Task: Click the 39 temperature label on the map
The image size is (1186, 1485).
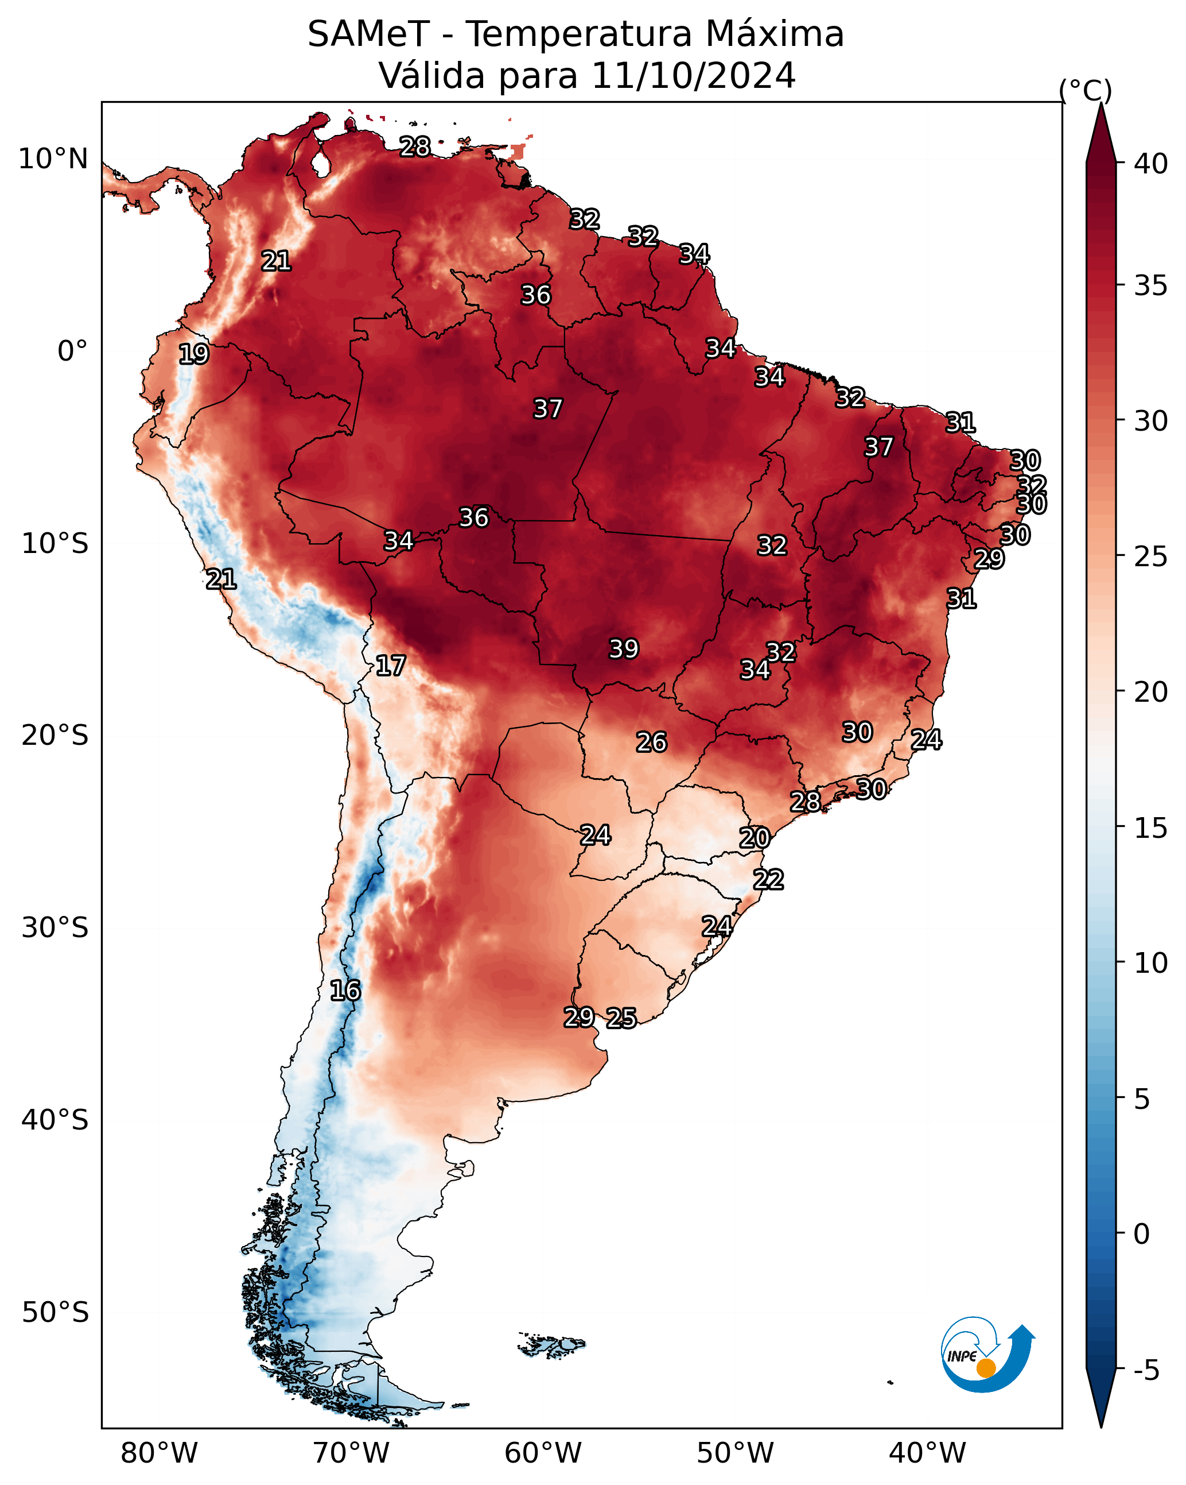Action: [624, 649]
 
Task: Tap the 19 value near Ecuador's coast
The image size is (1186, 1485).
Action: [193, 354]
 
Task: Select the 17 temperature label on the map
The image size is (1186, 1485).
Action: [390, 666]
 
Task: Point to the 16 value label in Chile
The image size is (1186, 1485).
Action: [345, 991]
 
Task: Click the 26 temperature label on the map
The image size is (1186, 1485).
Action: [651, 742]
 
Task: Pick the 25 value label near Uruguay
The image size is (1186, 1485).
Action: [621, 1018]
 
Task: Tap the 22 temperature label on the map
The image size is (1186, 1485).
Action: [768, 880]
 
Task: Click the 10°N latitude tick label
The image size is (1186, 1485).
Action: [53, 159]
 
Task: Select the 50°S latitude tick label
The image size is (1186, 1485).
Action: [55, 1313]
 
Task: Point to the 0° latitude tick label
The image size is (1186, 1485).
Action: [72, 351]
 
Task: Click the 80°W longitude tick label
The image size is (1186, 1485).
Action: [159, 1453]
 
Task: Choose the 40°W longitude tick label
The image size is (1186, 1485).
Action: [927, 1453]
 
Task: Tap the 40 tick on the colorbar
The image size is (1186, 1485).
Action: [1151, 164]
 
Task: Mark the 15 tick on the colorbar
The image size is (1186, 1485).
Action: [1151, 829]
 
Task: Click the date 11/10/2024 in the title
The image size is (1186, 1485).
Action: [693, 75]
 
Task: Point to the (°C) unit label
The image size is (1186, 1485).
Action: [1086, 90]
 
